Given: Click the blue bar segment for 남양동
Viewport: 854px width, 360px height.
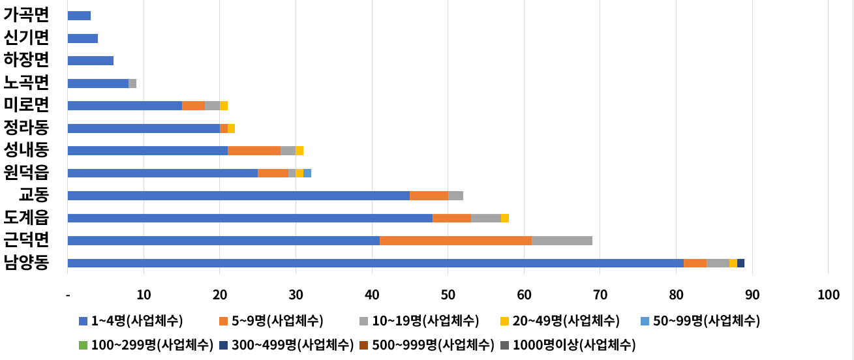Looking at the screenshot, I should pos(375,263).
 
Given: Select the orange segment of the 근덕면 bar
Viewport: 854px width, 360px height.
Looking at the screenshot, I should pos(455,241).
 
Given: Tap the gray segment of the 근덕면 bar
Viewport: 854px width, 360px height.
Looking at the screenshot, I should pos(562,241).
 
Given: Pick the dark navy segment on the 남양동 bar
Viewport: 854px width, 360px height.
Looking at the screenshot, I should pos(740,263).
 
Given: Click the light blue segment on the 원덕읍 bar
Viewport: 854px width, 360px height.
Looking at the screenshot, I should pos(307,173).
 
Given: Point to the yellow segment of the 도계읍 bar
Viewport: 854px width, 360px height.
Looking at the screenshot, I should pos(505,218).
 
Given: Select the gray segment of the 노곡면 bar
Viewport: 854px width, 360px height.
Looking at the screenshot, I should pos(132,83).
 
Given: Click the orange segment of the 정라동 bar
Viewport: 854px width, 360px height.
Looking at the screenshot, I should pos(224,128).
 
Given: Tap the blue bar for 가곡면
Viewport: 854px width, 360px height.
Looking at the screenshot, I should pos(79,16).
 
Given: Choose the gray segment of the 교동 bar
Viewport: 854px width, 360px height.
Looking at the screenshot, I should pos(455,196).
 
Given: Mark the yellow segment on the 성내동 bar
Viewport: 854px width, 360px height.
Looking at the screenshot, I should pos(299,151).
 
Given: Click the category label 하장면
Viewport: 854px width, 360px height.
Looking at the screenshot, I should pos(26,60).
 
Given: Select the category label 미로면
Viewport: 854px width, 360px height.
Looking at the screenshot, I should pos(26,104).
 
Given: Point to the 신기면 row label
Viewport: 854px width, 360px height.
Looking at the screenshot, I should pos(26,37).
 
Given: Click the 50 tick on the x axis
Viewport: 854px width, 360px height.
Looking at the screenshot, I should pos(448,295).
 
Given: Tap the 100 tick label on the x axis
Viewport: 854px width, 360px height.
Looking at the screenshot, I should pos(828,295).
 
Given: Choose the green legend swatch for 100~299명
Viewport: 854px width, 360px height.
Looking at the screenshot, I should pos(83,344).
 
